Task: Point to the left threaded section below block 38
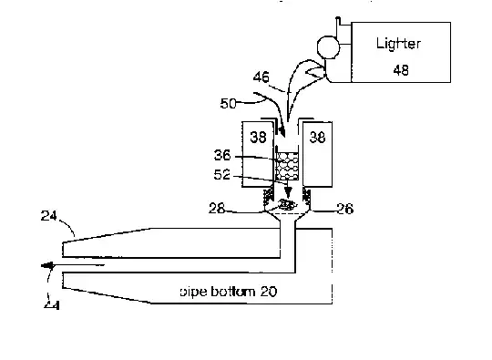pos(267,196)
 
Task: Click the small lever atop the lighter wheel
pos(338,26)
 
